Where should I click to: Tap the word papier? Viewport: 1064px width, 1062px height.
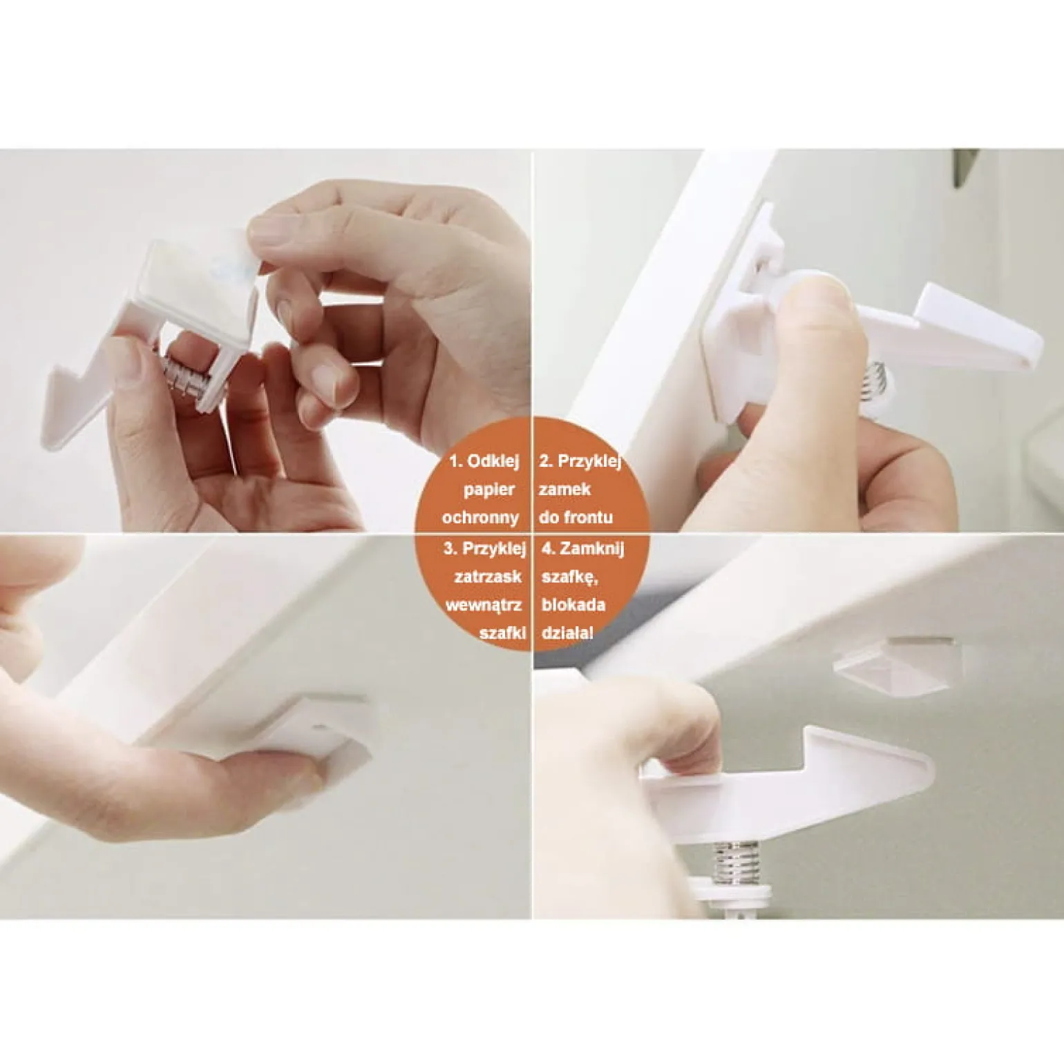489,490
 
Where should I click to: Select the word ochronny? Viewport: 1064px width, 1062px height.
480,517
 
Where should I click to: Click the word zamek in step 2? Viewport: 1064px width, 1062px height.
564,490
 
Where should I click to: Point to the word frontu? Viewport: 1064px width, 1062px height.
587,517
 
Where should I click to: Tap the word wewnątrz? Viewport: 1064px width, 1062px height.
484,605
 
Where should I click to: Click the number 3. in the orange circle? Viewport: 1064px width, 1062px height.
451,549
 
